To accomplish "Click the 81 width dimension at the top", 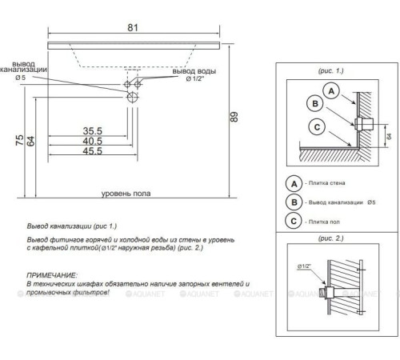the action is pyautogui.click(x=133, y=27).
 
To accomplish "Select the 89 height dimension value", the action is pyautogui.click(x=234, y=117).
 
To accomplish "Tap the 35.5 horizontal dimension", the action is pyautogui.click(x=92, y=131).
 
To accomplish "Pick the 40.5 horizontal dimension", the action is pyautogui.click(x=92, y=141).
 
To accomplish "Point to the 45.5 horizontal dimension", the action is pyautogui.click(x=92, y=151).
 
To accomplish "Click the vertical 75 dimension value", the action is pyautogui.click(x=20, y=140).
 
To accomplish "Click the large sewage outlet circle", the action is pyautogui.click(x=133, y=97).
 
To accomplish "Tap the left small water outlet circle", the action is pyautogui.click(x=127, y=85).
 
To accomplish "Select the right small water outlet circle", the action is pyautogui.click(x=138, y=85).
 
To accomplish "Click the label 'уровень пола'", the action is pyautogui.click(x=126, y=194).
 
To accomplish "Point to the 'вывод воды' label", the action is pyautogui.click(x=194, y=71).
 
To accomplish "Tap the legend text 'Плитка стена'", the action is pyautogui.click(x=326, y=183).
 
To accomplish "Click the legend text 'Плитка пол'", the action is pyautogui.click(x=324, y=222).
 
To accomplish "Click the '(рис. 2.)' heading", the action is pyautogui.click(x=330, y=238).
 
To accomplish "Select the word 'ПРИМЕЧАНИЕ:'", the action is pyautogui.click(x=52, y=275).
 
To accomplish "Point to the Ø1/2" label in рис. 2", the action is pyautogui.click(x=304, y=266).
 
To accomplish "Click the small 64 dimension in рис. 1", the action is pyautogui.click(x=389, y=136).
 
